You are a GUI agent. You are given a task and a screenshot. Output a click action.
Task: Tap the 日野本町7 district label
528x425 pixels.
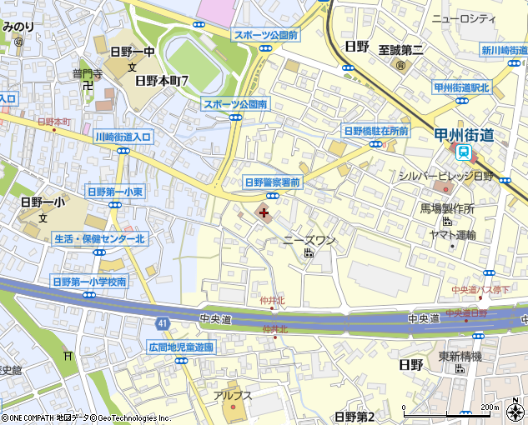point(163,81)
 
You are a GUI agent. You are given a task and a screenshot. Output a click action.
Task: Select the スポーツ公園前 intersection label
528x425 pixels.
point(266,34)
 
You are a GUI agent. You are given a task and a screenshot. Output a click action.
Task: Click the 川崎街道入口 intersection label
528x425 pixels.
point(123,137)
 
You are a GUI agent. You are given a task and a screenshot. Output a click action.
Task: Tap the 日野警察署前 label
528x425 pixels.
point(272,182)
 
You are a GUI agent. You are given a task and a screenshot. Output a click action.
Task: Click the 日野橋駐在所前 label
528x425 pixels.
point(376,130)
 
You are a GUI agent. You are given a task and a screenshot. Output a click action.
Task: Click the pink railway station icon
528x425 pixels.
point(460,152)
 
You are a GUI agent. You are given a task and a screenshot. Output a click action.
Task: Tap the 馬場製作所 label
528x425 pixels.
point(447,209)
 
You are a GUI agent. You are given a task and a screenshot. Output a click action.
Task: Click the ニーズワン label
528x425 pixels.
point(309,240)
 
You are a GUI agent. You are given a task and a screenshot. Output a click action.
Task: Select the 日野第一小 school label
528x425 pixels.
point(42,201)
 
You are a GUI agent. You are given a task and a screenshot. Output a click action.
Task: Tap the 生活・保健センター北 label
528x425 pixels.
point(100,238)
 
